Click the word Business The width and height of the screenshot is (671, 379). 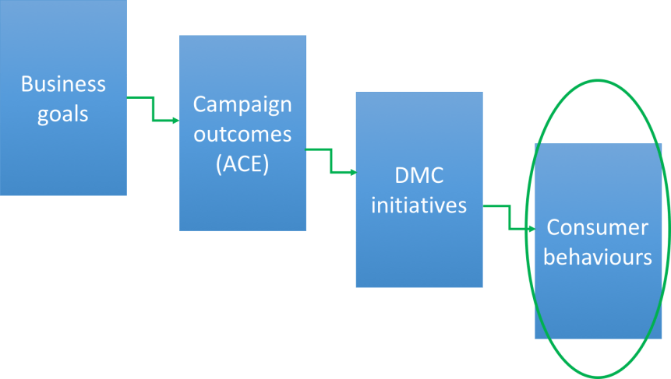(63, 84)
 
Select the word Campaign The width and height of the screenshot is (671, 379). (242, 104)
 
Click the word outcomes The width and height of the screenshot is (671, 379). (242, 134)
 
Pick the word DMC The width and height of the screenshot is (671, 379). (418, 175)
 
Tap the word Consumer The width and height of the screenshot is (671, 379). (598, 227)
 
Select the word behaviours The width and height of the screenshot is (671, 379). (598, 257)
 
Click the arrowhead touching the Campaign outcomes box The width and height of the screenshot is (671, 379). (175, 120)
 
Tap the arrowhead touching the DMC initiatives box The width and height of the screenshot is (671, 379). (352, 172)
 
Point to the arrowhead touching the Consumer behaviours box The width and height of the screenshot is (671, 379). (531, 229)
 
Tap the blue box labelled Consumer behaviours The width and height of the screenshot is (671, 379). (598, 304)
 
